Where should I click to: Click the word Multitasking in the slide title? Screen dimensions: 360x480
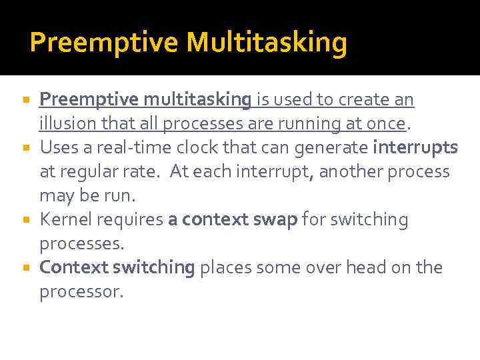pos(267,43)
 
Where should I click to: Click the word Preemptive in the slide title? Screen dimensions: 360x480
pos(105,43)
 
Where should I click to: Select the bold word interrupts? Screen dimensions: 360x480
pos(415,147)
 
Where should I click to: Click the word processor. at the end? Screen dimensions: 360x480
pos(81,292)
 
